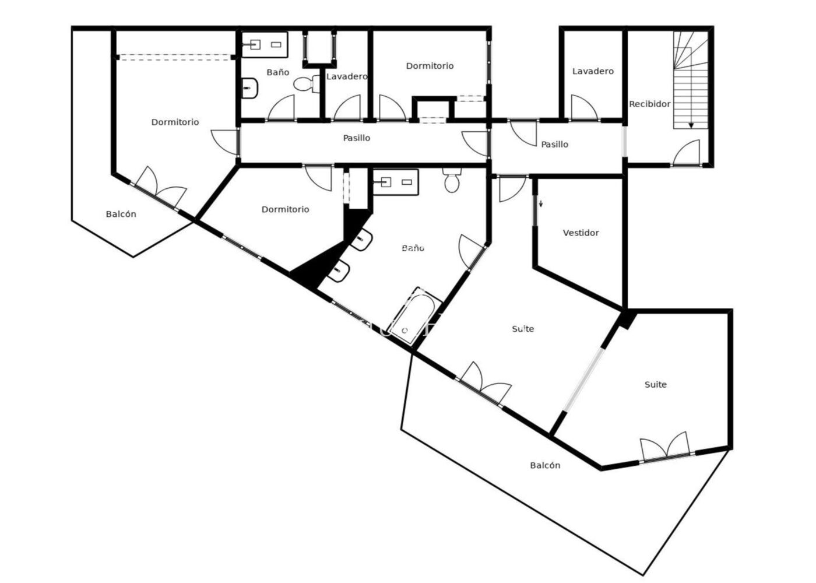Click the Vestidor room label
[x=581, y=233]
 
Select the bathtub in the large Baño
[x=415, y=317]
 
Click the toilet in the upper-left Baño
[x=307, y=84]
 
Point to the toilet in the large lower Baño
[x=452, y=180]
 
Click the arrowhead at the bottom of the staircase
[x=691, y=126]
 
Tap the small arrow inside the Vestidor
[x=541, y=203]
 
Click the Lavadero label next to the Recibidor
[x=593, y=71]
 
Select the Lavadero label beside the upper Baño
[x=347, y=76]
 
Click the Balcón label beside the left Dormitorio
[x=121, y=215]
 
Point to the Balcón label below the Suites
[x=545, y=465]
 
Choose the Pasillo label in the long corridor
[x=357, y=138]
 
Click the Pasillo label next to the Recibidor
[x=554, y=145]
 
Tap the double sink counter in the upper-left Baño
[x=265, y=45]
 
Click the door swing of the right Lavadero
[x=584, y=107]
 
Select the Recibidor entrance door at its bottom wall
[x=687, y=153]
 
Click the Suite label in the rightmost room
[x=656, y=384]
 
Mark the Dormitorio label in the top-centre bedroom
[x=430, y=66]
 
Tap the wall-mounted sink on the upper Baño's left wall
[x=250, y=88]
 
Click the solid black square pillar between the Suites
[x=627, y=319]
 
